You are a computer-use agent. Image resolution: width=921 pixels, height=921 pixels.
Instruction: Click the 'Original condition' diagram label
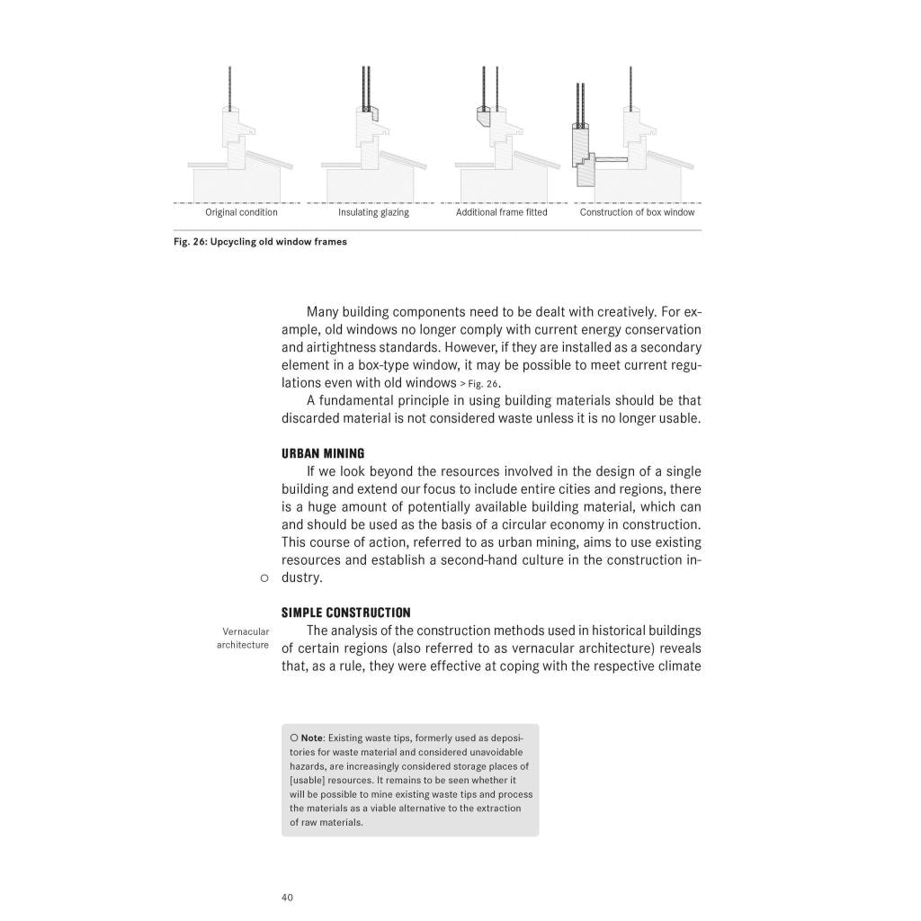[241, 212]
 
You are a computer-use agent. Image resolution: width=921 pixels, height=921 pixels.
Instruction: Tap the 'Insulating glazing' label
[373, 212]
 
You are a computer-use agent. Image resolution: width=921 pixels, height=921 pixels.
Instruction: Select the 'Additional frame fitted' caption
[501, 212]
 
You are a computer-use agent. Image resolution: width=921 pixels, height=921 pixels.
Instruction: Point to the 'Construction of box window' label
[637, 212]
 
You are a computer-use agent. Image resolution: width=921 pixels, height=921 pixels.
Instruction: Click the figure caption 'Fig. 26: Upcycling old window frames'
[260, 241]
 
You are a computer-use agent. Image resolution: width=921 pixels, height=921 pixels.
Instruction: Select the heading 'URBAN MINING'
[323, 453]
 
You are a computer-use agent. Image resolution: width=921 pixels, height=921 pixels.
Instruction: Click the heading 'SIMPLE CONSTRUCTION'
[345, 613]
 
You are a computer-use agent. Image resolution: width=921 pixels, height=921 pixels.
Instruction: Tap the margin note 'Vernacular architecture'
[243, 638]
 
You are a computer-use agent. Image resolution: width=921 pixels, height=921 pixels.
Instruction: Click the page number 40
[288, 897]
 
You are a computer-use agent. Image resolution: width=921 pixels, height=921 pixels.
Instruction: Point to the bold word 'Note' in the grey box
[312, 738]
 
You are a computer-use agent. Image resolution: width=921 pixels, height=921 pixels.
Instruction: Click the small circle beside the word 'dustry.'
[264, 578]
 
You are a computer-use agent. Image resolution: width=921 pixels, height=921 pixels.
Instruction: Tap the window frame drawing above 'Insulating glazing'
[371, 144]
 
